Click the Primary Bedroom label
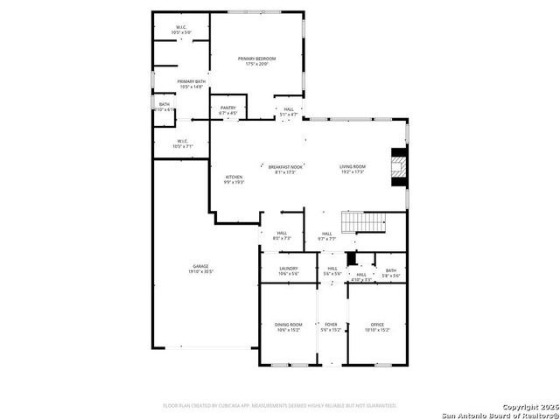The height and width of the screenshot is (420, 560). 256,60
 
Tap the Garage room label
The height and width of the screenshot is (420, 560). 202,269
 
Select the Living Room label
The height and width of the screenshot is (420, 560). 352,168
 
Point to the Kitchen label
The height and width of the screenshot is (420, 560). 234,178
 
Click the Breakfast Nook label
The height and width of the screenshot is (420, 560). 285,168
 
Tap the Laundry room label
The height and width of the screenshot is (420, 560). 288,270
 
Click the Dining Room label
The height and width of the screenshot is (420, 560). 288,326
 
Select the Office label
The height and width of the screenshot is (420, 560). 377,326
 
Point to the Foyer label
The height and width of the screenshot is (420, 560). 330,326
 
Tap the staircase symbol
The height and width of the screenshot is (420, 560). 363,222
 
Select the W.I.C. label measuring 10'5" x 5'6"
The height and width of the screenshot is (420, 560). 181,30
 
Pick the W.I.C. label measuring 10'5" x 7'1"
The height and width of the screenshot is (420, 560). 181,143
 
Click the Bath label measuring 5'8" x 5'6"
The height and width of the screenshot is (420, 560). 390,273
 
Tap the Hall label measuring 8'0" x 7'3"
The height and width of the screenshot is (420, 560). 281,235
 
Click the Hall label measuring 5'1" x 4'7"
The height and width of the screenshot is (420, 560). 289,112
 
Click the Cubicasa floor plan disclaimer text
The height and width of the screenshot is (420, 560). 280,406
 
